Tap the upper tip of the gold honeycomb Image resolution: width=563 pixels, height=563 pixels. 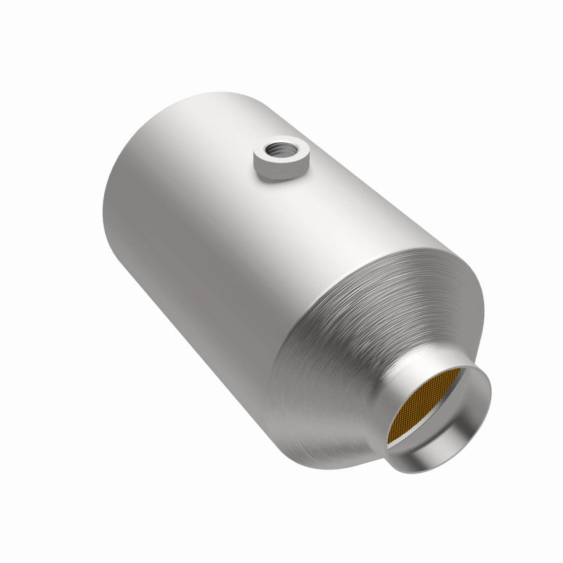[x=457, y=369]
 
